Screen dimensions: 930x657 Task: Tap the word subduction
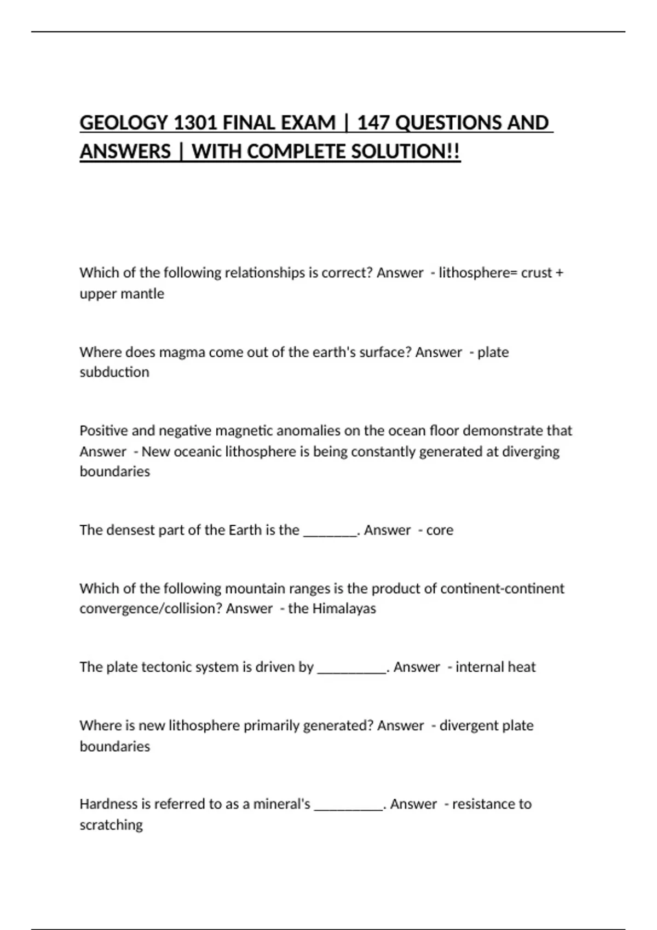click(x=114, y=373)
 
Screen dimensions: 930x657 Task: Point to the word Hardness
click(x=108, y=804)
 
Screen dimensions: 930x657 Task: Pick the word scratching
click(x=111, y=825)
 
